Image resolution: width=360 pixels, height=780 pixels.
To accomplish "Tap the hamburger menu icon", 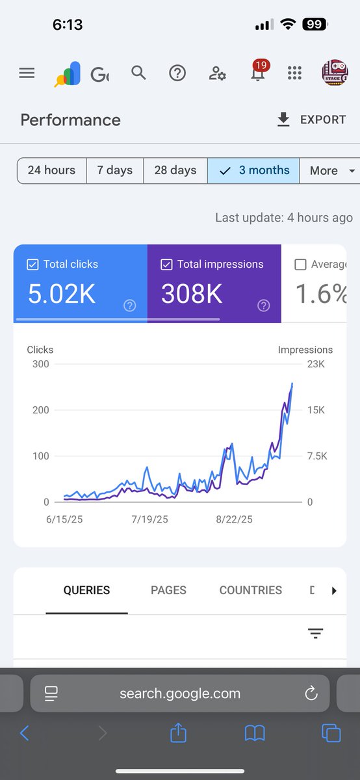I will click(x=27, y=73).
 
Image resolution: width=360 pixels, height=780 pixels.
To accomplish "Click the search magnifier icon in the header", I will click(x=138, y=73).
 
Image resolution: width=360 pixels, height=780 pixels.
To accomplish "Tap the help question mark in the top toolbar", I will click(x=177, y=73).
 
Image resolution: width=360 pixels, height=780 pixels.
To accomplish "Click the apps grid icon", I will click(x=294, y=73).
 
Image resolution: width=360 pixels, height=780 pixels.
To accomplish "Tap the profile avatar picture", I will click(x=335, y=73).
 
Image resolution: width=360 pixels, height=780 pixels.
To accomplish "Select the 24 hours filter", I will click(x=51, y=170).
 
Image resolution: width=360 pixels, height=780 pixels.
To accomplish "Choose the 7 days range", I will click(x=114, y=170).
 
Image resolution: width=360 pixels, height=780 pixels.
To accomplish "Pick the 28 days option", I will click(x=175, y=170).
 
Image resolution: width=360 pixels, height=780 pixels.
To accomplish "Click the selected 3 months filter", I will click(x=254, y=170).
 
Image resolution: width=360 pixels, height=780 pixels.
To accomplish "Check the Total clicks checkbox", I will click(x=32, y=265).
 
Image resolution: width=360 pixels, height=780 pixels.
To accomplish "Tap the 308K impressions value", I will click(x=192, y=294).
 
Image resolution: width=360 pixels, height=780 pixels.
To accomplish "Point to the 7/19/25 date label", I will click(x=149, y=519).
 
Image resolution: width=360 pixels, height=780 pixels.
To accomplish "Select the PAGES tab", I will click(x=168, y=590).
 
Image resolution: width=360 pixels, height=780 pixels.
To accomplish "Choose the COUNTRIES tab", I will click(x=250, y=590).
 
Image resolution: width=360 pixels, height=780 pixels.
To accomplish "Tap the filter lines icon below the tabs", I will click(x=315, y=634).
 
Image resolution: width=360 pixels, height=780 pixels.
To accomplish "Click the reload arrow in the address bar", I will click(x=311, y=693).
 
